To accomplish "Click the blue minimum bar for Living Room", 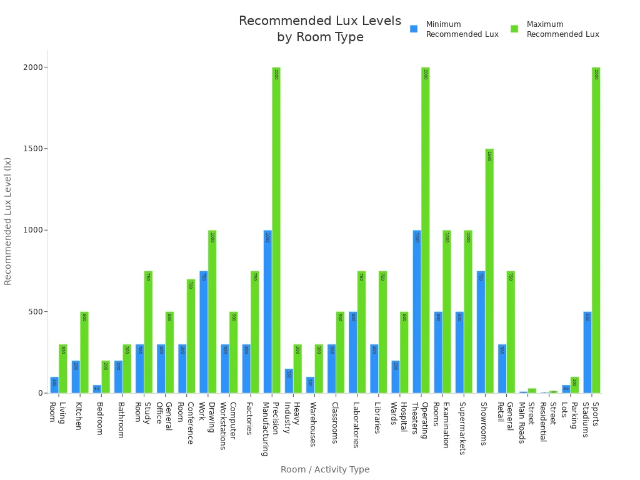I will coord(54,385).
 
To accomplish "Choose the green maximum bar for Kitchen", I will coord(84,352).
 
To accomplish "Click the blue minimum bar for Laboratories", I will coord(353,352).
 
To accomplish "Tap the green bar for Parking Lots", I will coord(574,385).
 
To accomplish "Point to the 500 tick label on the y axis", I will coord(35,312).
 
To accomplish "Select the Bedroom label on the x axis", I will coord(99,419).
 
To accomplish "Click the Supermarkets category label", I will coord(462,428).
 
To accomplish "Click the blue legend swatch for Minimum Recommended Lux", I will coord(414,29).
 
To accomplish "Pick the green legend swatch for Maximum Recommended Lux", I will coord(514,29).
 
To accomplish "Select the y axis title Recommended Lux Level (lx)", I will coord(8,221).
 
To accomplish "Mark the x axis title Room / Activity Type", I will coord(325,469).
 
